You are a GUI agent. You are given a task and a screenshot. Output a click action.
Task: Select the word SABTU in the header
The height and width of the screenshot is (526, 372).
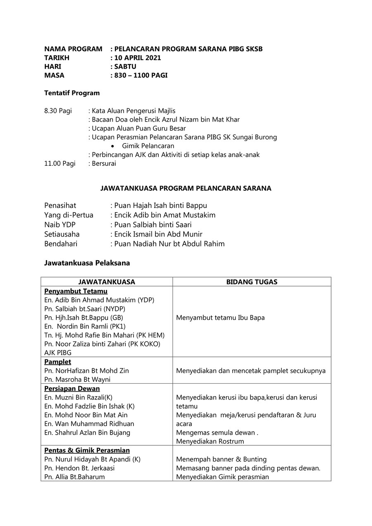click(125, 67)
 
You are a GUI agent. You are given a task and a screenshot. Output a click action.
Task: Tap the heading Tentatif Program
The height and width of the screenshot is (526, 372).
click(72, 93)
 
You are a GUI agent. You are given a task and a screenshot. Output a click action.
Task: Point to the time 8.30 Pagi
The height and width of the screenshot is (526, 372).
click(58, 111)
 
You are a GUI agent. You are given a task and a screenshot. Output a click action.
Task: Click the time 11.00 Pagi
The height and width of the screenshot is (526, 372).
click(60, 163)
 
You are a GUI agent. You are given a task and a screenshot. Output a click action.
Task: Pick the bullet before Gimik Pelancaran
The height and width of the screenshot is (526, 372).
click(113, 146)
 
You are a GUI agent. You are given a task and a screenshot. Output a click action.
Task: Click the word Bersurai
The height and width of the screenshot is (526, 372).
click(104, 163)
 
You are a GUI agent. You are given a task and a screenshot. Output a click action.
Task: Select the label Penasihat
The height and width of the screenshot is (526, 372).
click(60, 206)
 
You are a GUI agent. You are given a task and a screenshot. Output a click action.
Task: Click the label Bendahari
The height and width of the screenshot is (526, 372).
click(61, 244)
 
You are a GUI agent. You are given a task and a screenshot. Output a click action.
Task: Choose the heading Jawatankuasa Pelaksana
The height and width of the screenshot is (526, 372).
click(87, 263)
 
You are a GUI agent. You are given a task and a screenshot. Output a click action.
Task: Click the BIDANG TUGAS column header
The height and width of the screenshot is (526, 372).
click(252, 282)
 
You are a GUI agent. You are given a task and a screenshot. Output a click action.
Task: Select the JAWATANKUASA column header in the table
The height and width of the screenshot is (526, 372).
click(107, 282)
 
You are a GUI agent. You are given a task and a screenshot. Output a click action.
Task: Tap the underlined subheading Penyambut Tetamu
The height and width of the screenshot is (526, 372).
click(76, 291)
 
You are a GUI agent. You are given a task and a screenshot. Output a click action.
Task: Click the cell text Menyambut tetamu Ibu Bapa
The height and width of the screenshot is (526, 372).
click(220, 318)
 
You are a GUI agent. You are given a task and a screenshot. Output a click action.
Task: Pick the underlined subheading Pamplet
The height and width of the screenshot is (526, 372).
click(58, 362)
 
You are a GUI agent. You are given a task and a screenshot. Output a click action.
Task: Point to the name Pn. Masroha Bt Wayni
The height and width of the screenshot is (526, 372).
click(77, 380)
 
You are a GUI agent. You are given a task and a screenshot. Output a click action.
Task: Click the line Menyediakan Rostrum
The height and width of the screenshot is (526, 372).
click(210, 441)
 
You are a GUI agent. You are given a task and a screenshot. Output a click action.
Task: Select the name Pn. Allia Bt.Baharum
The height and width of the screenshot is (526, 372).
click(74, 477)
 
